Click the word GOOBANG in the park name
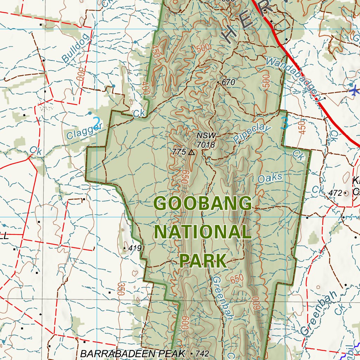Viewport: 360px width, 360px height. [x=203, y=204]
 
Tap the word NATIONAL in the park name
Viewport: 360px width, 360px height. [x=203, y=232]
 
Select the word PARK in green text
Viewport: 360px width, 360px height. [x=203, y=260]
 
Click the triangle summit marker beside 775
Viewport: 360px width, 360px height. [x=192, y=152]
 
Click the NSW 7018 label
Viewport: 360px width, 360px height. [x=206, y=140]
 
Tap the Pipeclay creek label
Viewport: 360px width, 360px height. [x=252, y=133]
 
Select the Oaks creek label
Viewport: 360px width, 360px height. [x=270, y=178]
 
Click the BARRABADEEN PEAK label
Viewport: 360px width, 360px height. [x=132, y=354]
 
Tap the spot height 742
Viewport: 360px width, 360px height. [x=202, y=354]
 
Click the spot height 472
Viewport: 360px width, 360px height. [x=335, y=193]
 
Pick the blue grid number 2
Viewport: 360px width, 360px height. [x=96, y=122]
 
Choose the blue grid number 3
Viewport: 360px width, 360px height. [x=285, y=123]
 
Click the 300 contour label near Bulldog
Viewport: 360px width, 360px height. [x=81, y=74]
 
